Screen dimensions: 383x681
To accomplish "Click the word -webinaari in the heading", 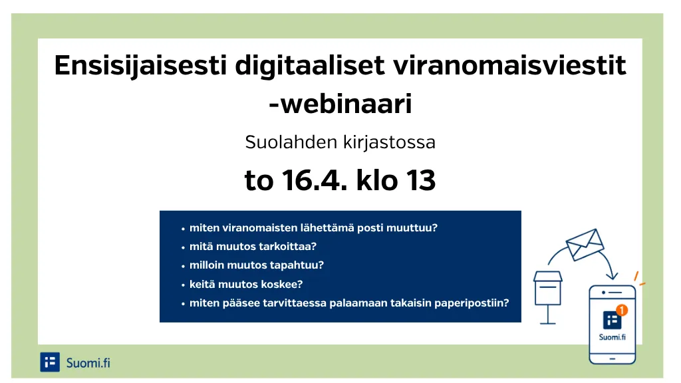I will (340, 104).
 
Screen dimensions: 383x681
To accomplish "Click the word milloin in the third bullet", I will (207, 265).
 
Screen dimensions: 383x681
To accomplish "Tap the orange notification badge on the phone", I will (622, 309).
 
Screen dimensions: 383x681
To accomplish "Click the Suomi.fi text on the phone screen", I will (613, 336).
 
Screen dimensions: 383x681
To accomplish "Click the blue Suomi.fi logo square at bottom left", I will (50, 362).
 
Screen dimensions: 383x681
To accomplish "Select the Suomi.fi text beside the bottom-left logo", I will (88, 362).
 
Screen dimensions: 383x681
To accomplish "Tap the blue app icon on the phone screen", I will (612, 320).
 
